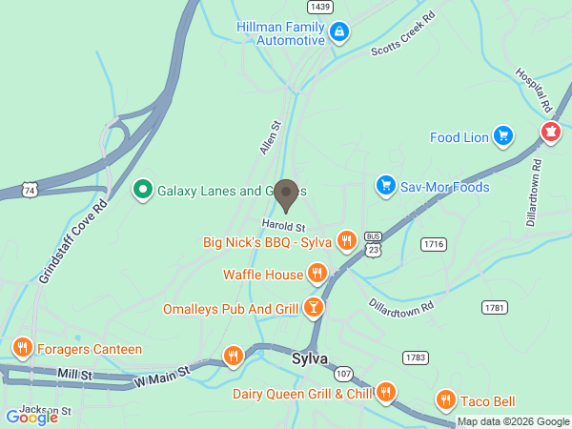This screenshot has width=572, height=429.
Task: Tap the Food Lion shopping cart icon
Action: point(502,136)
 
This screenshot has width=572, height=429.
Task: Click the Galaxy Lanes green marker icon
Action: point(142,190)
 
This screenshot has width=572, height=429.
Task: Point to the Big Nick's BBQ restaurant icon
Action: point(346,241)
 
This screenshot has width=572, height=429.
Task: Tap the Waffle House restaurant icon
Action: point(317,275)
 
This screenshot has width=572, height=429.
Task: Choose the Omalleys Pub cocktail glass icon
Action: point(312,308)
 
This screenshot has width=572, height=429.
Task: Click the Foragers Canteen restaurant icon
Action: point(22,349)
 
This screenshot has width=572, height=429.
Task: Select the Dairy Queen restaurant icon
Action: point(386,392)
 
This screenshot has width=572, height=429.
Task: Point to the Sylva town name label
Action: point(309,358)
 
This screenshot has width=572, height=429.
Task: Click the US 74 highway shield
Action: point(31,191)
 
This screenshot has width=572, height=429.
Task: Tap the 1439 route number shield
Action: point(320,7)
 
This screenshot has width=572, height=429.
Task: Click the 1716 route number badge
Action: point(435,244)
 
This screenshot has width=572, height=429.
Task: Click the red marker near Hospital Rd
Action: point(551,133)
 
